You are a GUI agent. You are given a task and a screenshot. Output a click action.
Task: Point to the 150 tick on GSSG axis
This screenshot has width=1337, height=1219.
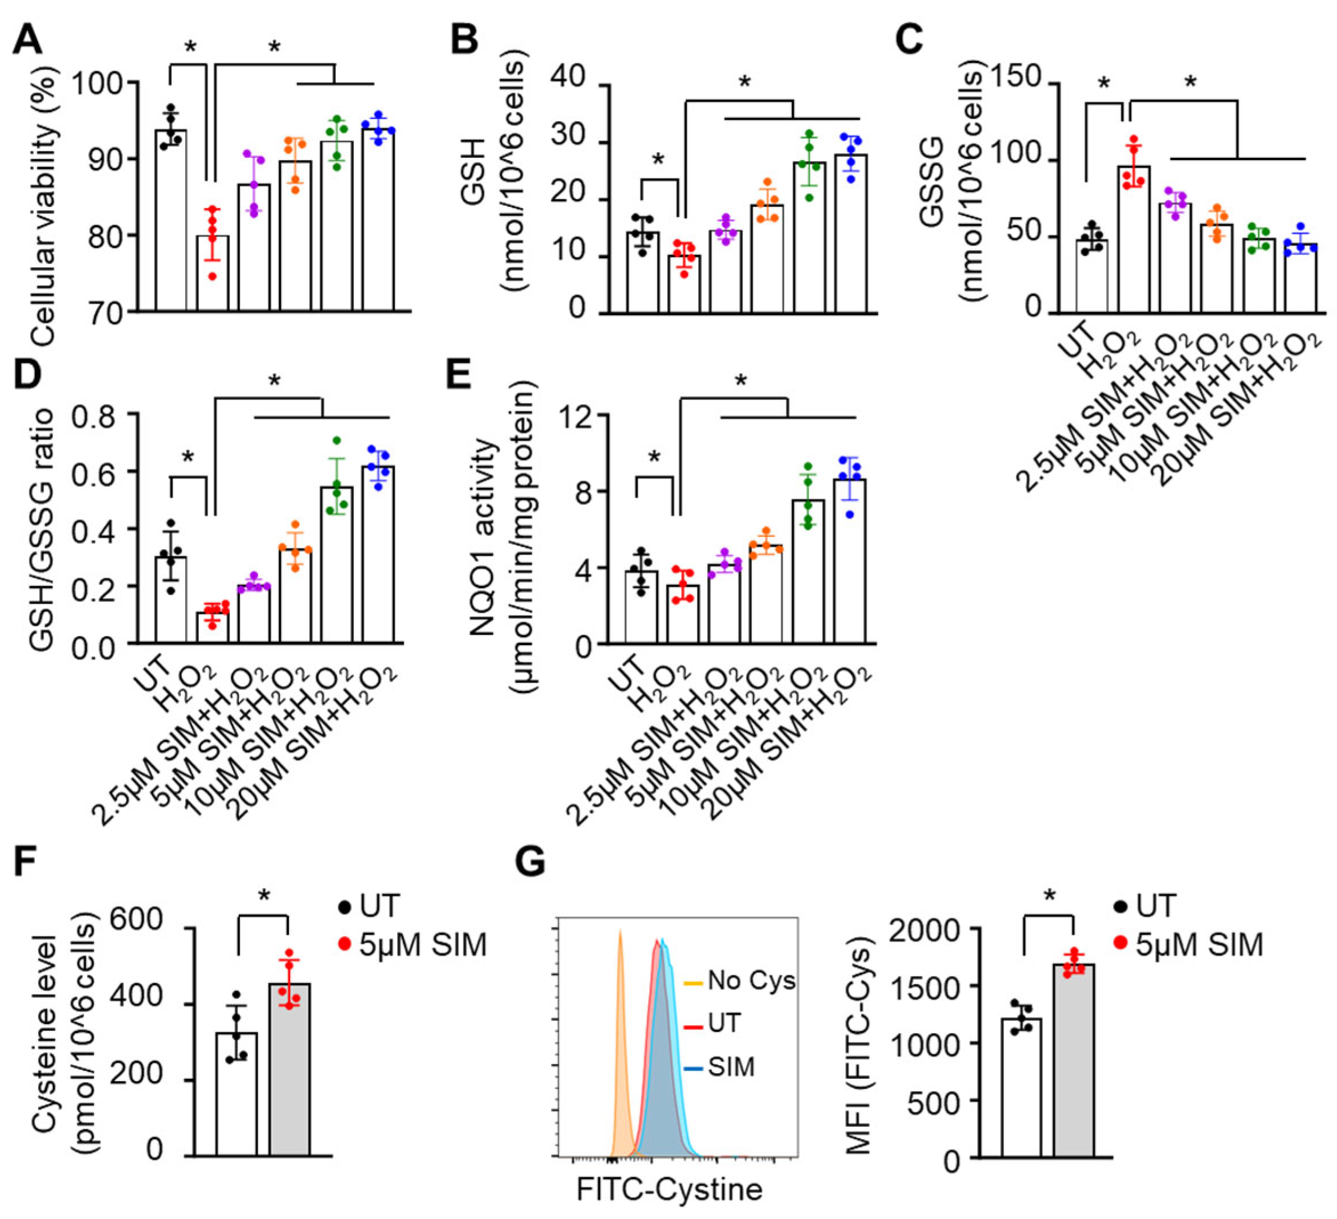(x=1022, y=78)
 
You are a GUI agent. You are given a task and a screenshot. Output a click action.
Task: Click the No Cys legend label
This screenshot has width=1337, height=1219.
(x=751, y=980)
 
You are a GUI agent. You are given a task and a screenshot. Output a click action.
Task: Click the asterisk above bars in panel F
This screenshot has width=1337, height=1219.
(x=264, y=896)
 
